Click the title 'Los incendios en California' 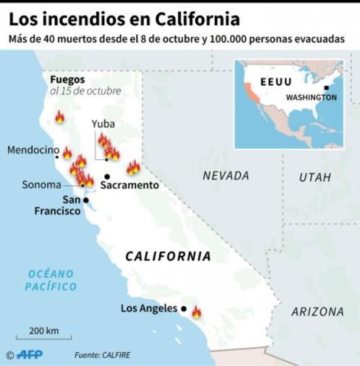(x=124, y=19)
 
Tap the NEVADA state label (x=225, y=175)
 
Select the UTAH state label (x=315, y=177)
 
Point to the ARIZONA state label (x=317, y=312)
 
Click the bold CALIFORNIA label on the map (x=168, y=256)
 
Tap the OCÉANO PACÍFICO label (x=51, y=280)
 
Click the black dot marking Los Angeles (x=184, y=309)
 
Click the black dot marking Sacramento (x=107, y=176)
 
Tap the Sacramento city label (x=129, y=185)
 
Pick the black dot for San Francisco (x=86, y=200)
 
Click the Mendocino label (x=33, y=151)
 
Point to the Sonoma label (x=41, y=185)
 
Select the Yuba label (x=103, y=124)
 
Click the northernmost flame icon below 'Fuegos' (x=60, y=117)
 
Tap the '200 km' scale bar (x=44, y=335)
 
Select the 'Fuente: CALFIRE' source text (x=102, y=355)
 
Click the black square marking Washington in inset (x=326, y=88)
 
